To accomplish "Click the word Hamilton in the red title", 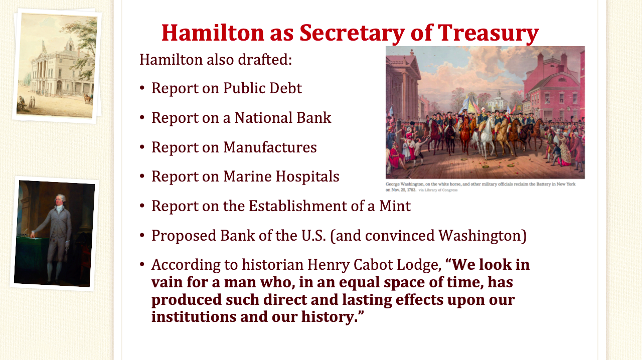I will click(212, 33).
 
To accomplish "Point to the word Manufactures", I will click(270, 147).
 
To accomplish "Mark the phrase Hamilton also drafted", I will click(216, 60).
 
